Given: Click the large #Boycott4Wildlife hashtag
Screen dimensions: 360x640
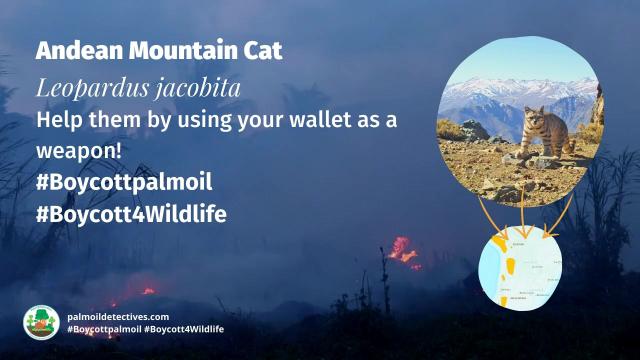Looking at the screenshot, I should tap(130, 214).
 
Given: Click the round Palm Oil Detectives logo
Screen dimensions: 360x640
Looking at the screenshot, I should tap(39, 322).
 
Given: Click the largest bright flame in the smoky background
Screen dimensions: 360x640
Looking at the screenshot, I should tap(403, 250).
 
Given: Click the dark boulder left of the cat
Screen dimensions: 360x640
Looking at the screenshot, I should tap(474, 131).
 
